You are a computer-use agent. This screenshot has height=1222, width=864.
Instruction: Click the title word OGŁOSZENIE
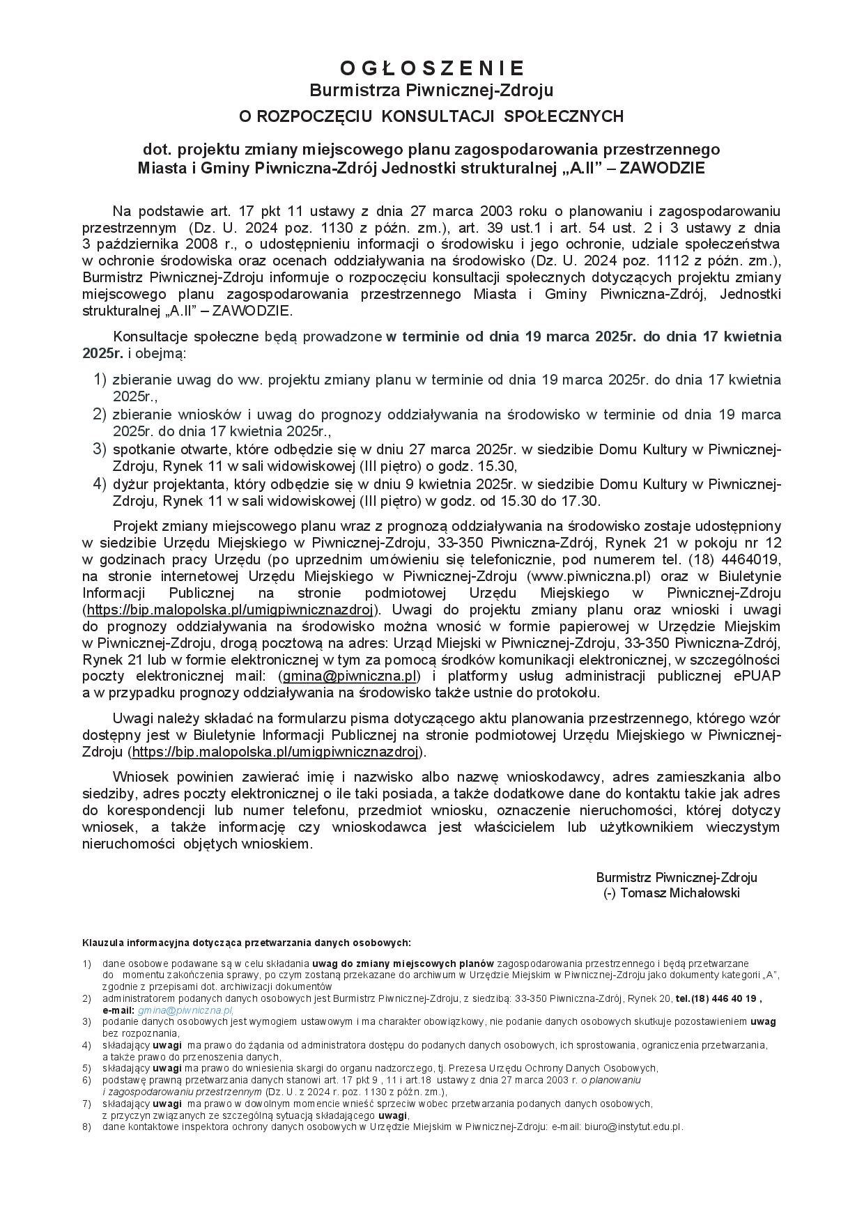[431, 68]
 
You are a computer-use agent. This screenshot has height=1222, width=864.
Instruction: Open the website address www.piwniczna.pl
[589, 576]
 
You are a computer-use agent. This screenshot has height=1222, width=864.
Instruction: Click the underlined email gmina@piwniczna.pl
[350, 676]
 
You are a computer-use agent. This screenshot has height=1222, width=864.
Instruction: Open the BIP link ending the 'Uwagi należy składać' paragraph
[276, 752]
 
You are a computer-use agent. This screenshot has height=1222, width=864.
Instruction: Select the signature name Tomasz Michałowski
[679, 894]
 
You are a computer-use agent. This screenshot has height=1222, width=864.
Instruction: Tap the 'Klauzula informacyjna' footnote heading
[247, 943]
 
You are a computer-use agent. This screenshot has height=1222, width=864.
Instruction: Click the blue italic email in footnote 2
[185, 1010]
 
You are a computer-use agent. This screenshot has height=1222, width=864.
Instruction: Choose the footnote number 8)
[87, 1127]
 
